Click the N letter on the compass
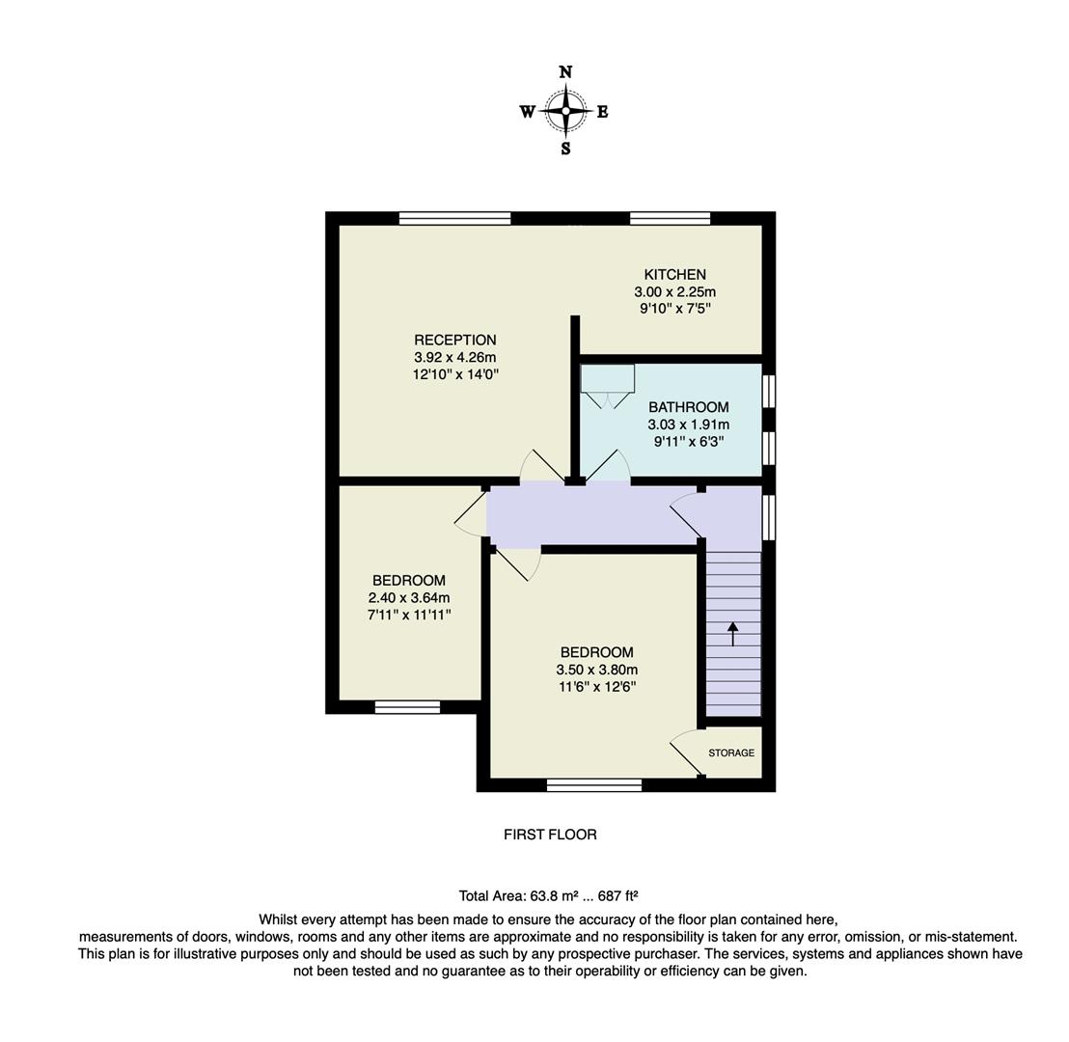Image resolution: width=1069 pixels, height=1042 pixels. pyautogui.click(x=565, y=72)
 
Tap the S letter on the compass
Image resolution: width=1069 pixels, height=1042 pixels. pyautogui.click(x=565, y=149)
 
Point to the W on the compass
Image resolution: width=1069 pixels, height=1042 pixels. pyautogui.click(x=527, y=112)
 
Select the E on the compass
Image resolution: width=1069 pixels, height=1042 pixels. pyautogui.click(x=603, y=112)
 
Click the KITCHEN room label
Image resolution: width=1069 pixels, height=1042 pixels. pyautogui.click(x=675, y=275)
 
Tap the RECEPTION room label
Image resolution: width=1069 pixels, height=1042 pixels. pyautogui.click(x=455, y=340)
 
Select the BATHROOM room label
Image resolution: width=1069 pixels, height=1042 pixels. pyautogui.click(x=689, y=407)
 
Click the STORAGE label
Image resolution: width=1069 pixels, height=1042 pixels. pyautogui.click(x=731, y=753)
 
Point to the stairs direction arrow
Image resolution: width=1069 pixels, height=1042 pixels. pyautogui.click(x=732, y=634)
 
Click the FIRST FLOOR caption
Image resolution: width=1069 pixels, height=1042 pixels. pyautogui.click(x=550, y=835)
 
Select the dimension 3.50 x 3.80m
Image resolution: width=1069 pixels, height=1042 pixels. pyautogui.click(x=597, y=670)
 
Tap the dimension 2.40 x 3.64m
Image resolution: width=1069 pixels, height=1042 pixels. pyautogui.click(x=409, y=597)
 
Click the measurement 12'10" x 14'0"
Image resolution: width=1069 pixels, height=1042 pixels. pyautogui.click(x=455, y=374)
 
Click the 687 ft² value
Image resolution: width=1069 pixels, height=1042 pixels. pyautogui.click(x=618, y=895)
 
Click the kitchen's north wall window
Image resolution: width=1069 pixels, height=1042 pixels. pyautogui.click(x=671, y=218)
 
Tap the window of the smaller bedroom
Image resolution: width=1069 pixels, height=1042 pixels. pyautogui.click(x=407, y=707)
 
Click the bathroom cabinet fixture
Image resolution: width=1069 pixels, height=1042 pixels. pyautogui.click(x=608, y=378)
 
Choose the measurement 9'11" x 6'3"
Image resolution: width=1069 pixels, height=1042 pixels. pyautogui.click(x=689, y=442)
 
